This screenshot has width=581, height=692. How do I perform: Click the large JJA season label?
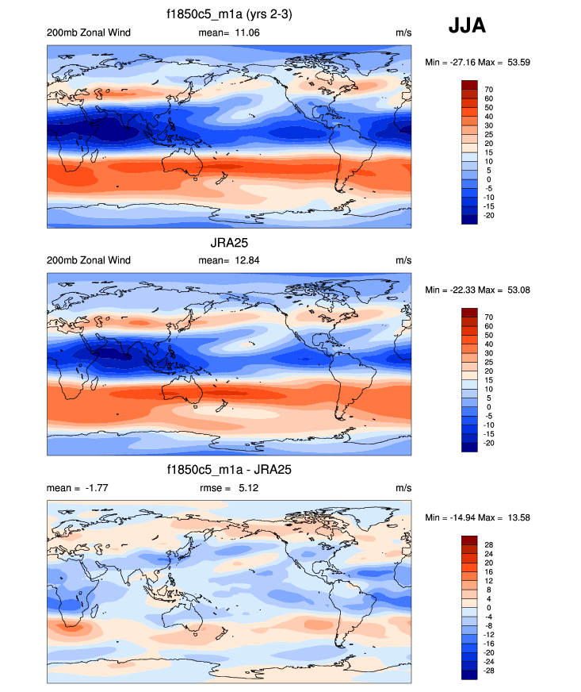[x=467, y=26]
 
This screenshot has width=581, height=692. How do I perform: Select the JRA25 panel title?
[x=229, y=242]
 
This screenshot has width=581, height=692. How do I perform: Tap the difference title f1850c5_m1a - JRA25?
[x=229, y=470]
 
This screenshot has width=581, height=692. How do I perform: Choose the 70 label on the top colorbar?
[x=489, y=90]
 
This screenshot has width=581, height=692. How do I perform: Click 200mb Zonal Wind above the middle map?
[x=89, y=260]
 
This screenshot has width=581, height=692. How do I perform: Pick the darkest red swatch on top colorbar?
[x=469, y=85]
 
